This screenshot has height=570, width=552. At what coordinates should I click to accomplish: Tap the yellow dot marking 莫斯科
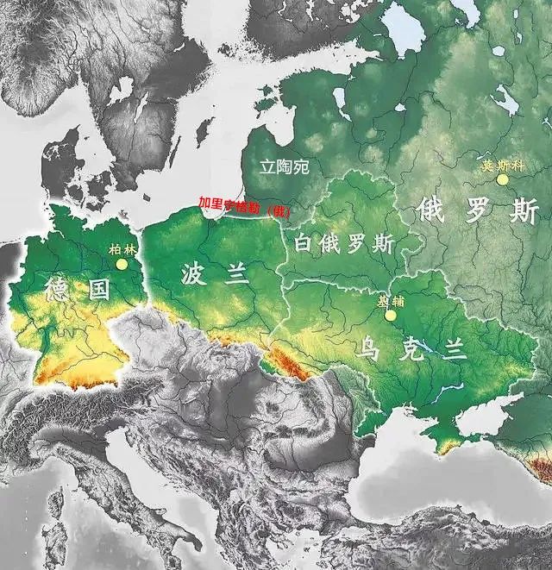(502, 179)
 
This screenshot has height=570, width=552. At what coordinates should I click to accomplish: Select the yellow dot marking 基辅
(390, 316)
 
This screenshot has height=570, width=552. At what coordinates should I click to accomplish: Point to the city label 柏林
(121, 249)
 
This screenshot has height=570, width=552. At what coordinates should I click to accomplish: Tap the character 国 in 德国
(98, 289)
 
